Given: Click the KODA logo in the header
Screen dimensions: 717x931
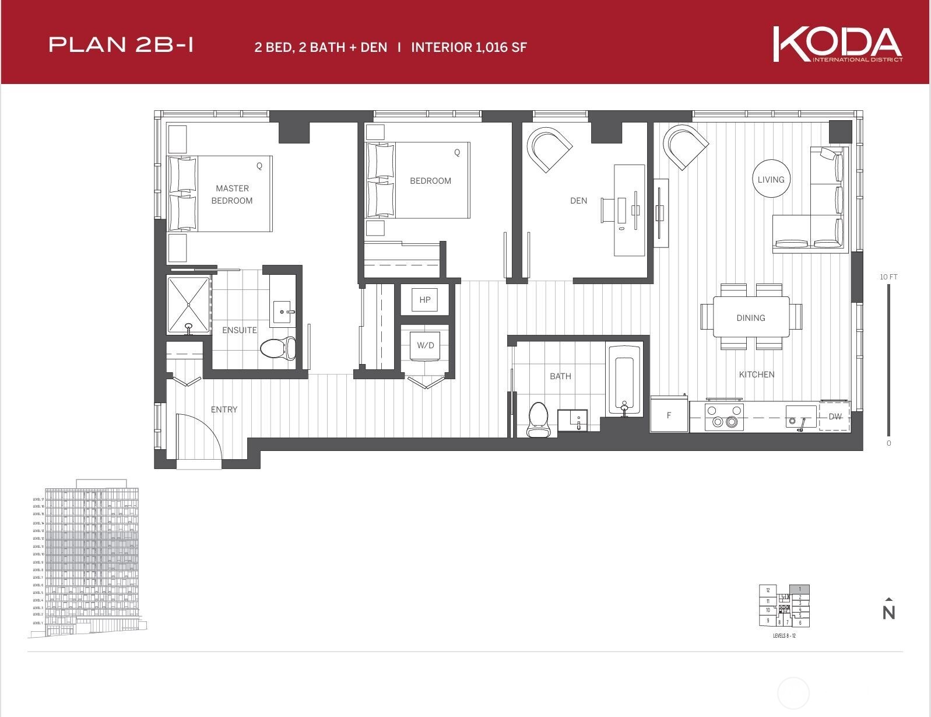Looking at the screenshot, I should (837, 44).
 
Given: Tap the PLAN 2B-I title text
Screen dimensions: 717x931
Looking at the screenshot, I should (121, 45).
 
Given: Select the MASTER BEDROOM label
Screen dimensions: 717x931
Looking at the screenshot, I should (232, 194).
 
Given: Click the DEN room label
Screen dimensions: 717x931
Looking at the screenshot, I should (578, 201).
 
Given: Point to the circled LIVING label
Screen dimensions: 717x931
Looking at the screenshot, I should (771, 179).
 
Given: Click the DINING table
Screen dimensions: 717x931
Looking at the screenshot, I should (751, 317).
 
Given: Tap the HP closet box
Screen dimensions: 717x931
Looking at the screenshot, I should (425, 300).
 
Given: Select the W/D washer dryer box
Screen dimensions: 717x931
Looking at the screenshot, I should (426, 345).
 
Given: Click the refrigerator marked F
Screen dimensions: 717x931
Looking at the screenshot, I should (669, 415).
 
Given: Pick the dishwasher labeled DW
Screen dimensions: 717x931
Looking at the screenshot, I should (835, 416).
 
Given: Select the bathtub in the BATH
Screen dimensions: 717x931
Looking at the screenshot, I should (624, 379).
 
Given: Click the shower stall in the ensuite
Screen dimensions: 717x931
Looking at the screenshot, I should (189, 305).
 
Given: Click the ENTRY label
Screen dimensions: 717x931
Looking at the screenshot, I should (224, 410).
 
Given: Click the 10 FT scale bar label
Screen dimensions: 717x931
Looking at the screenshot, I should (888, 277).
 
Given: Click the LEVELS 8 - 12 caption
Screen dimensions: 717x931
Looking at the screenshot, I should (784, 635).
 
